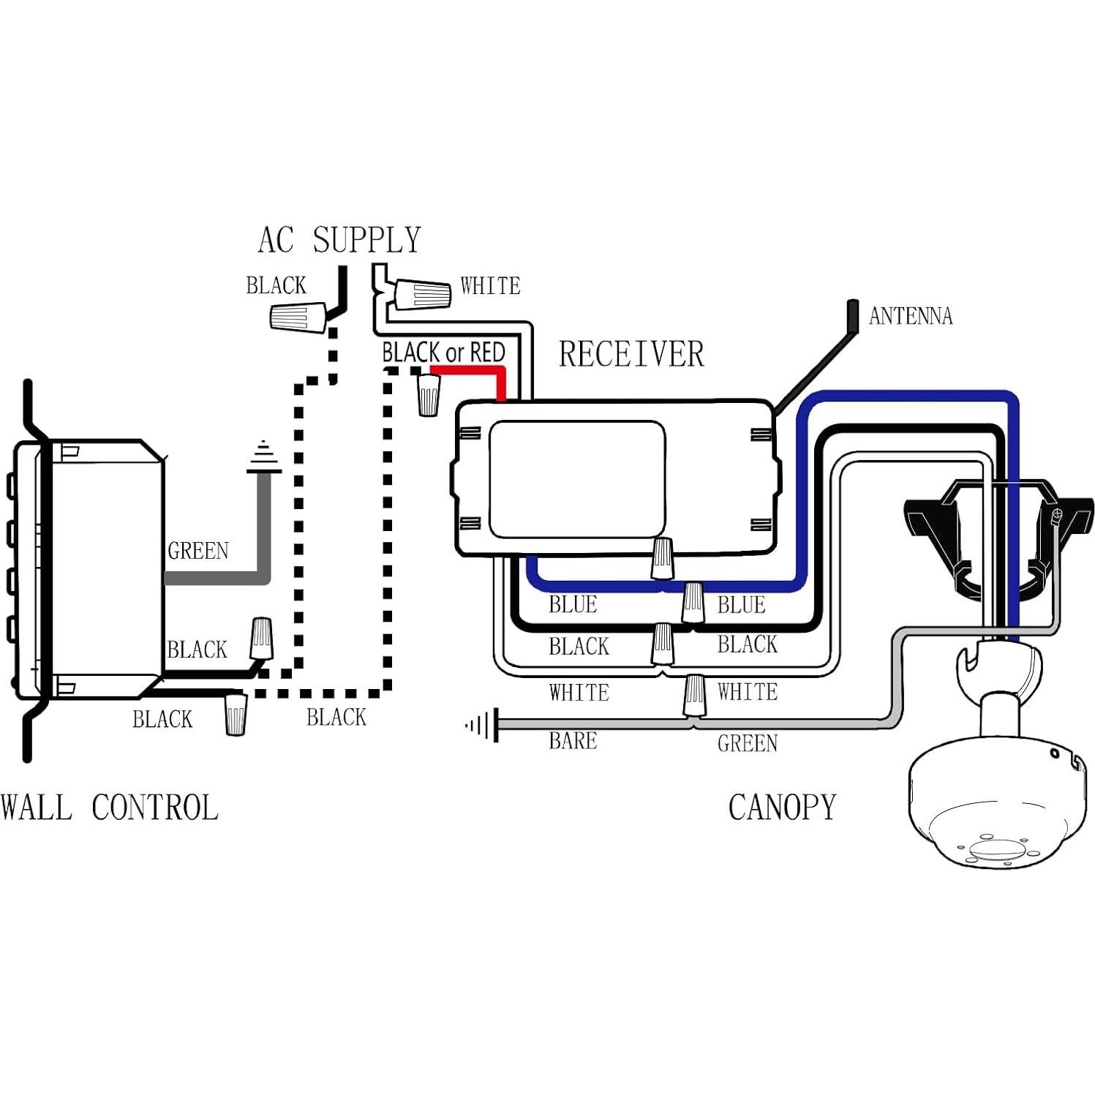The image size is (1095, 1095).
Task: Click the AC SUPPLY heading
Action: (339, 241)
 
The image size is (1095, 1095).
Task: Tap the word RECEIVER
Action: (631, 355)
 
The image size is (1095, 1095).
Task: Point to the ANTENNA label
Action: (910, 316)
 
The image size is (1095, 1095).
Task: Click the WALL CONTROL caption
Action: (110, 808)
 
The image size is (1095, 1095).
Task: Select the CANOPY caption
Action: (782, 808)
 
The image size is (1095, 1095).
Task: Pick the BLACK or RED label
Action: (443, 353)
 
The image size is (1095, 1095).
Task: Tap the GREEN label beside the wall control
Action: (198, 551)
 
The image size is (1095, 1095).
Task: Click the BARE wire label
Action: (573, 741)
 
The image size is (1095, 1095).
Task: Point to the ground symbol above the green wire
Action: (263, 458)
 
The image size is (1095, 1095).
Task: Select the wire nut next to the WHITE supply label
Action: (423, 295)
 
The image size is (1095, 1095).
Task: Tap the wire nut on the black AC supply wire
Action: (298, 317)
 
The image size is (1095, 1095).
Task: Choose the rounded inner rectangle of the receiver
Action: (577, 479)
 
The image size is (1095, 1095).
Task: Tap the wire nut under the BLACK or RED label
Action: (429, 396)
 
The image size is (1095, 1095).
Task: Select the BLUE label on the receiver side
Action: (573, 605)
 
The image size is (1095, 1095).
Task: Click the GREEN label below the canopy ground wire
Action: (747, 744)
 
